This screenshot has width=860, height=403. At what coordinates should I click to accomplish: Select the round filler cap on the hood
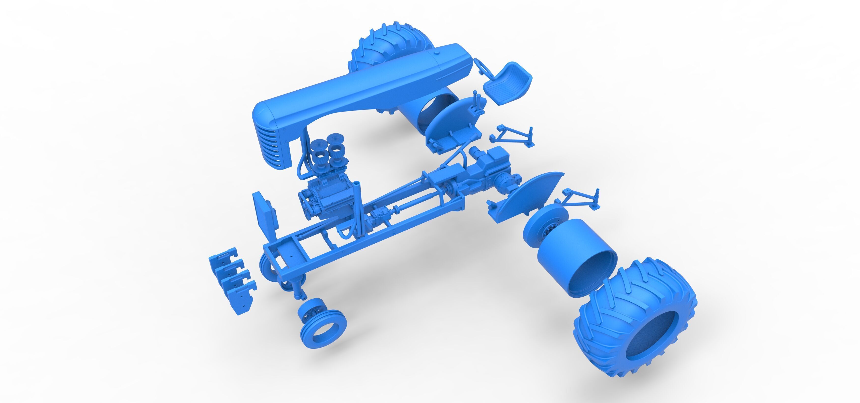[x=436, y=54]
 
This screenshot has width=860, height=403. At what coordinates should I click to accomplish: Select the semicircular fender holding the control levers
[x=454, y=124]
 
